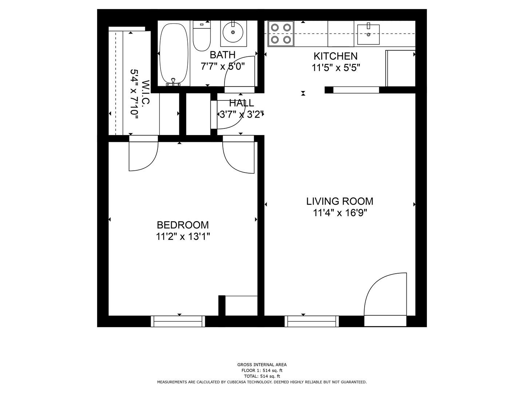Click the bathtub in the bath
pyautogui.click(x=174, y=55)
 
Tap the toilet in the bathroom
pyautogui.click(x=202, y=36)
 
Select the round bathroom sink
pyautogui.click(x=233, y=32)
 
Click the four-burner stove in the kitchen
pyautogui.click(x=281, y=33)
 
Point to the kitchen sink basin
pyautogui.click(x=368, y=34)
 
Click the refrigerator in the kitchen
pyautogui.click(x=400, y=68)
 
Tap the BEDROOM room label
pyautogui.click(x=183, y=225)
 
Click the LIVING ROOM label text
pyautogui.click(x=340, y=201)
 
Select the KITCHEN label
pyautogui.click(x=336, y=56)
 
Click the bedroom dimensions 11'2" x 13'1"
pyautogui.click(x=183, y=237)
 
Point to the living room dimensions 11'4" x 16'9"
pyautogui.click(x=340, y=213)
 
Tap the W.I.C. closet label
pyautogui.click(x=146, y=92)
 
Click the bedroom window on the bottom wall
pyautogui.click(x=178, y=321)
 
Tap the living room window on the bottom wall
pyautogui.click(x=311, y=321)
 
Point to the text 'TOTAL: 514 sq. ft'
pyautogui.click(x=262, y=376)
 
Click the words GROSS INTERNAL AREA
pyautogui.click(x=262, y=365)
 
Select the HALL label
pyautogui.click(x=242, y=103)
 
